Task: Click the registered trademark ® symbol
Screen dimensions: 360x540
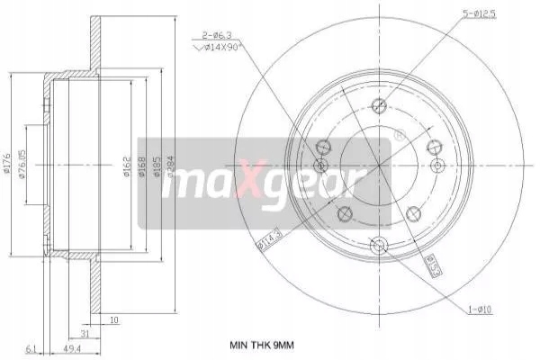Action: (399, 137)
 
